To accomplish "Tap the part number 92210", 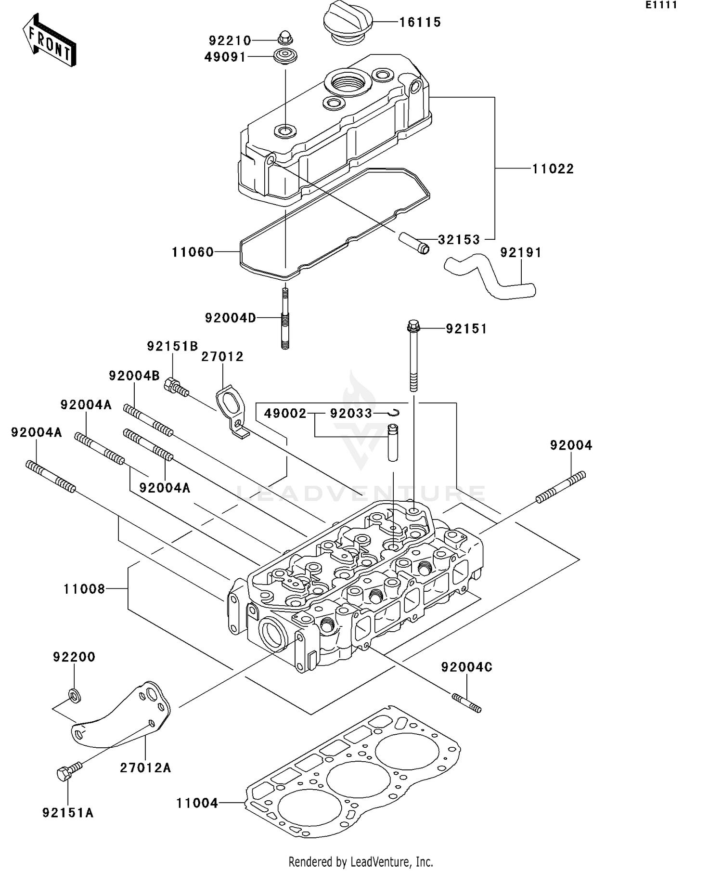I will click(230, 40).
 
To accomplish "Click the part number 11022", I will click(553, 169).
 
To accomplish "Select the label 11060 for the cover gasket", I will click(193, 252).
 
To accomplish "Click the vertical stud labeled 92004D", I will click(285, 319).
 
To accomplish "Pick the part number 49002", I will click(285, 414).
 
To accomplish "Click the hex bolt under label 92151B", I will click(176, 387).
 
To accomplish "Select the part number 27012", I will click(222, 357).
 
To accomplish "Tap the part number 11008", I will click(84, 589).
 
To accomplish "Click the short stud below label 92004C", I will click(466, 703).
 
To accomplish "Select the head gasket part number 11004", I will click(197, 803).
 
